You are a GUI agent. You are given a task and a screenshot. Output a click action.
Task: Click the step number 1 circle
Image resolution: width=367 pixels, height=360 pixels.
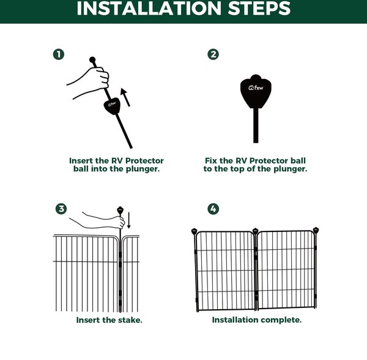(59, 54)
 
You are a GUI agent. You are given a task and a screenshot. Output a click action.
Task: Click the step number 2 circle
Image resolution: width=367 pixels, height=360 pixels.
(213, 54)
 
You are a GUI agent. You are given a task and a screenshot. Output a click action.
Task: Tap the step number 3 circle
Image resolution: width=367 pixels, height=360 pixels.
(61, 209)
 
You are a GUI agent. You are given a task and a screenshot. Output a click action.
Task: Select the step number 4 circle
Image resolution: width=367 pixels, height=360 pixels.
(213, 209)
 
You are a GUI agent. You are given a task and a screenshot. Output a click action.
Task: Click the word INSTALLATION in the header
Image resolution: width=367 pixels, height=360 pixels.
(149, 9)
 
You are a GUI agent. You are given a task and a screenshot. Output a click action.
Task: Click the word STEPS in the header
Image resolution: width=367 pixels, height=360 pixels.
(259, 9)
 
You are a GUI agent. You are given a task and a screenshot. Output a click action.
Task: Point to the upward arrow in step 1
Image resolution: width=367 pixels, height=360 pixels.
(125, 97)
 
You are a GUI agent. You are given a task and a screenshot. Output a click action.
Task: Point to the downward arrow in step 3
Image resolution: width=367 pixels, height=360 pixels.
(128, 220)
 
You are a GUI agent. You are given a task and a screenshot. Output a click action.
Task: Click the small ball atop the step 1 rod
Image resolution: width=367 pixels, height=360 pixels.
(92, 60)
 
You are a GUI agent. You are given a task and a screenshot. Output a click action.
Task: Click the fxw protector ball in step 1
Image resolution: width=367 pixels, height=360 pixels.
(112, 106)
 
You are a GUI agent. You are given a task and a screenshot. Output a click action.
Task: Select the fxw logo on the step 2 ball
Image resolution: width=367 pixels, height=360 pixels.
(256, 88)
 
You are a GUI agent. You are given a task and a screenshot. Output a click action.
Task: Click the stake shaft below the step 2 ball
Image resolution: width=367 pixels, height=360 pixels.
(256, 126)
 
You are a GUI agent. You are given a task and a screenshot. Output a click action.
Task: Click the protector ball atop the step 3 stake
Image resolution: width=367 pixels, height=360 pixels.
(120, 210)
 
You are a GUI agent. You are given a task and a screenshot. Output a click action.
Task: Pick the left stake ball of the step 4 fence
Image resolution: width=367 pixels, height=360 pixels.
(195, 231)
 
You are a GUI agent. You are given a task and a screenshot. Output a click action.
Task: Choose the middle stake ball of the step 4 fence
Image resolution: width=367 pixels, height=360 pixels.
(255, 231)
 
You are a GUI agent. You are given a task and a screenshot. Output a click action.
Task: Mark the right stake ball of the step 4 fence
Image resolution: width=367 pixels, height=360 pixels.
(316, 230)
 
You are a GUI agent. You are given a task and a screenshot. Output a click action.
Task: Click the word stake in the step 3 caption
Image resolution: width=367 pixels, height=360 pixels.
(130, 320)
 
